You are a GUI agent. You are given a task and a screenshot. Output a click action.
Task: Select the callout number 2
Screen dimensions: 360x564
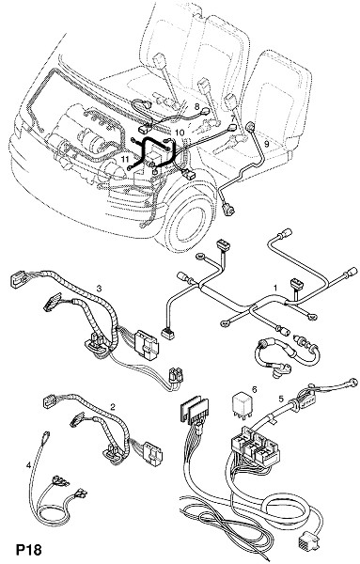(113, 407)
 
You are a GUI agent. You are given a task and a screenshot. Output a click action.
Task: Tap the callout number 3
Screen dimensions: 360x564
(100, 289)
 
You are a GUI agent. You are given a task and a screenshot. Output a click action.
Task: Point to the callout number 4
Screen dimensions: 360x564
(28, 465)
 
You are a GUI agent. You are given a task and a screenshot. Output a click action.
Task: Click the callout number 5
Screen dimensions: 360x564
(281, 399)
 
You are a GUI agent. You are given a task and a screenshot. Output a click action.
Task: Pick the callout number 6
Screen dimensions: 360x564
(255, 389)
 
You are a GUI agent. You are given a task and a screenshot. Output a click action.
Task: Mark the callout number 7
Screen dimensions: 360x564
(233, 117)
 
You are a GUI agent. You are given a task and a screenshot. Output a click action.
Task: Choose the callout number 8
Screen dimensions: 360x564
(196, 106)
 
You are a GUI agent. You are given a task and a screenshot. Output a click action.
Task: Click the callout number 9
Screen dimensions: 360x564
(266, 144)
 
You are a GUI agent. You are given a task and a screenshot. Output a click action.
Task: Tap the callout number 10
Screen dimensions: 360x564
(180, 133)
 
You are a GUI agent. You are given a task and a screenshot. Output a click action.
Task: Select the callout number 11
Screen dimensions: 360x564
(125, 159)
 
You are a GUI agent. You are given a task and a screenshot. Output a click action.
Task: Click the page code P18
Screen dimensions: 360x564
(29, 550)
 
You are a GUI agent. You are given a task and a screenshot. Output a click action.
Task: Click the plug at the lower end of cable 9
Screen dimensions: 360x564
(228, 210)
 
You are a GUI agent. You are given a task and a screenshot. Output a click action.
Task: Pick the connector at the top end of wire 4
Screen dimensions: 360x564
(45, 436)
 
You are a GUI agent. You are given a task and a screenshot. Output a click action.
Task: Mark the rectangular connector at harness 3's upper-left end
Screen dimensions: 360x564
(20, 279)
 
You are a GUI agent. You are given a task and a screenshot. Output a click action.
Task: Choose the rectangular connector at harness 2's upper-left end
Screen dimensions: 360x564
(50, 401)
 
